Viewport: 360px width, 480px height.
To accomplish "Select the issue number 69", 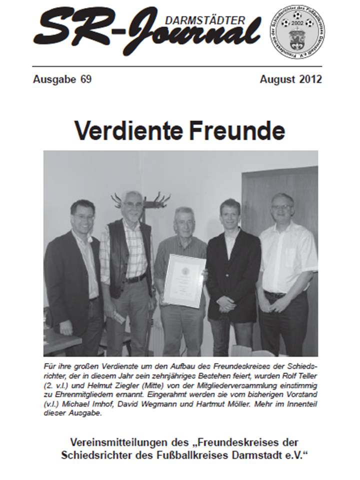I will (85, 79).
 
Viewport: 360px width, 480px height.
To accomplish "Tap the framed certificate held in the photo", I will (184, 280).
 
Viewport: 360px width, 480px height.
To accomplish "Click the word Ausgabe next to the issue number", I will (53, 79).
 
